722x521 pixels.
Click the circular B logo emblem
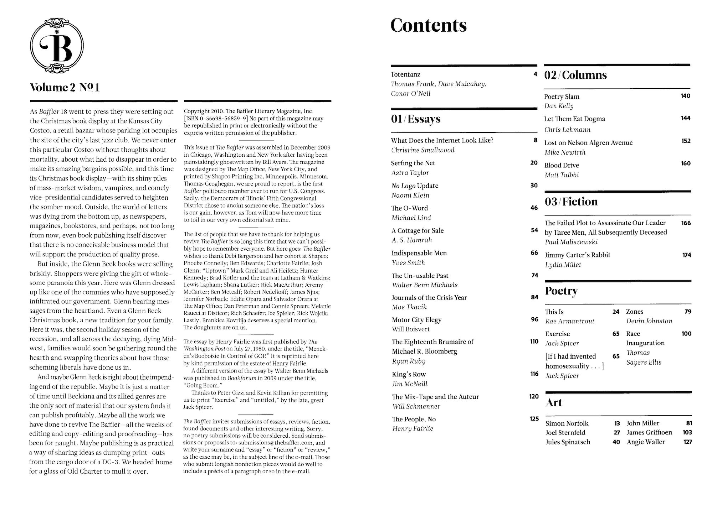point(57,46)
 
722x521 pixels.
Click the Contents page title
point(428,25)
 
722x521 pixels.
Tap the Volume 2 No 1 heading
point(65,88)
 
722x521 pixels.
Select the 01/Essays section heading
point(415,119)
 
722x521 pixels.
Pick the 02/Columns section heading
point(575,75)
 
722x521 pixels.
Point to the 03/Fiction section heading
point(571,202)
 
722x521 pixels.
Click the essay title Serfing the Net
point(413,163)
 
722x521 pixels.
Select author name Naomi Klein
point(410,195)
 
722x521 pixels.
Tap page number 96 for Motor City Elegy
point(534,319)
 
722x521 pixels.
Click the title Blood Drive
point(561,165)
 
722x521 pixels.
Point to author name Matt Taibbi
point(561,175)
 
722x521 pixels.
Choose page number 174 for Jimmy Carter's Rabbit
point(686,255)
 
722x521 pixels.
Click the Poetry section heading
point(561,291)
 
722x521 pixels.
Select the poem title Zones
point(635,312)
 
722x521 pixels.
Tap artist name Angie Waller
point(645,442)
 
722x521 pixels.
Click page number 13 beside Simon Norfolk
point(617,423)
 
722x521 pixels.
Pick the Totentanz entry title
point(405,74)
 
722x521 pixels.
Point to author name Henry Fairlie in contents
point(413,429)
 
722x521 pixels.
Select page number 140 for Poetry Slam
point(685,96)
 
